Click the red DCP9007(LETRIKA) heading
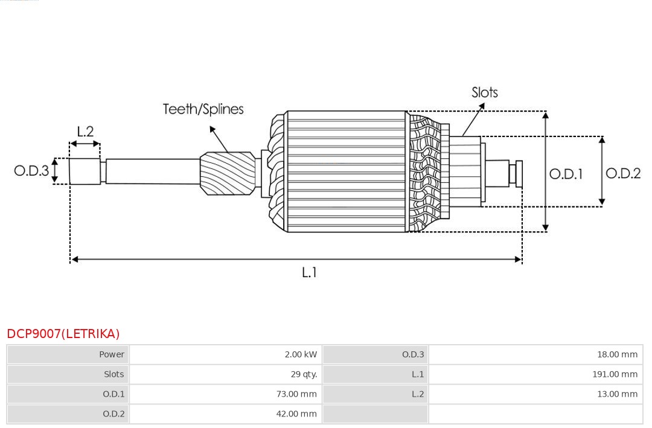point(63,334)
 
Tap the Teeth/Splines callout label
point(203,109)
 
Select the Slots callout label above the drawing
point(484,92)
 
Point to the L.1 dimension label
point(309,272)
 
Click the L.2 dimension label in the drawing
point(85,132)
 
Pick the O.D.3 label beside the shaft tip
point(31,170)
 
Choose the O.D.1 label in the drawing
point(566,174)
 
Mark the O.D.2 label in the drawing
point(623,173)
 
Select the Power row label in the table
point(112,354)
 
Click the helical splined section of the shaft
point(228,173)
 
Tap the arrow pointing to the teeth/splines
point(219,139)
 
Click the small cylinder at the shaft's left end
point(85,171)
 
